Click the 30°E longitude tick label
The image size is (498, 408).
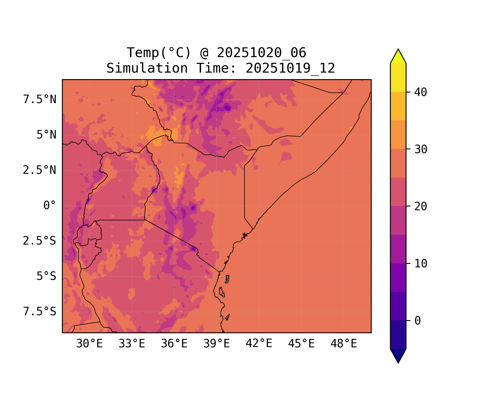coord(89,344)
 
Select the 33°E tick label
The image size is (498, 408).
coord(132,344)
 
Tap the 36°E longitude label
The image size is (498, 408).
coord(174,344)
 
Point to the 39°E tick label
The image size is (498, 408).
coord(217,344)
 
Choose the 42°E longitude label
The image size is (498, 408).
coord(259,344)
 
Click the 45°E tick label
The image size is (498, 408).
coord(301,344)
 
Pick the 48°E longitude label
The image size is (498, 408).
coord(344,344)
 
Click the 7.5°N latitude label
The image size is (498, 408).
coord(40,100)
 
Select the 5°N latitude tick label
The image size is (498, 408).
coord(46,135)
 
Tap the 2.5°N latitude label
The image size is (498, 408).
coord(40,170)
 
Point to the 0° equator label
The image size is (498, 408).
coord(50,206)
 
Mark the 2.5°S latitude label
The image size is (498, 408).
coord(40,241)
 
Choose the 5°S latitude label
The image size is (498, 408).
coord(46,276)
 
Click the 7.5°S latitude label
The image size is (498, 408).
coord(40,312)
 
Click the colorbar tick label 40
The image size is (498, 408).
coord(421,92)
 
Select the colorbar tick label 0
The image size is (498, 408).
coord(418,321)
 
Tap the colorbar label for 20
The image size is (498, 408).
coord(421,206)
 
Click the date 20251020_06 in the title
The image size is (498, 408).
coord(261,53)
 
